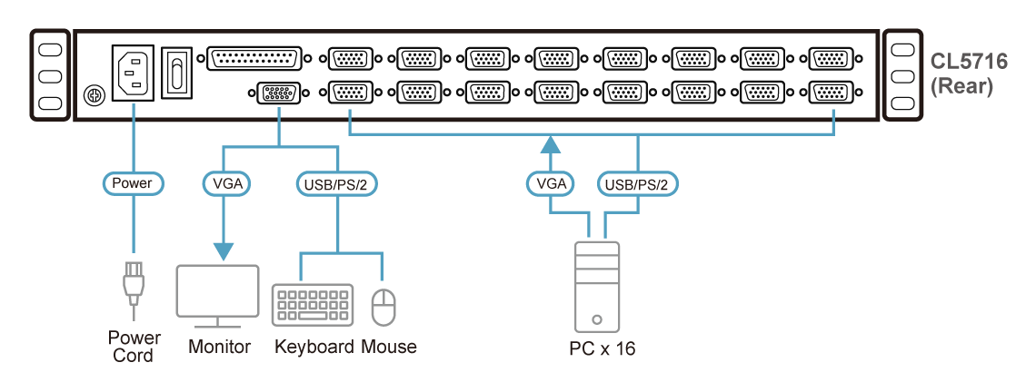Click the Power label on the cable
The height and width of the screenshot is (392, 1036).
(x=132, y=183)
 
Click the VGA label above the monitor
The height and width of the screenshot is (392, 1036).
(x=224, y=183)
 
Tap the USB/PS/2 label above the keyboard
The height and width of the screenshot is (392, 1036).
(x=338, y=183)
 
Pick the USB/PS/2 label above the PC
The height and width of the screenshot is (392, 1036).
(x=637, y=183)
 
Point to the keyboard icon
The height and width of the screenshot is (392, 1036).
(x=313, y=305)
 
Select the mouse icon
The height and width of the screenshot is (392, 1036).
(x=384, y=307)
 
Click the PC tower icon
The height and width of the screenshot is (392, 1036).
(x=597, y=286)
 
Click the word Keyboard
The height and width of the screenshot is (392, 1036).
(x=314, y=347)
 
